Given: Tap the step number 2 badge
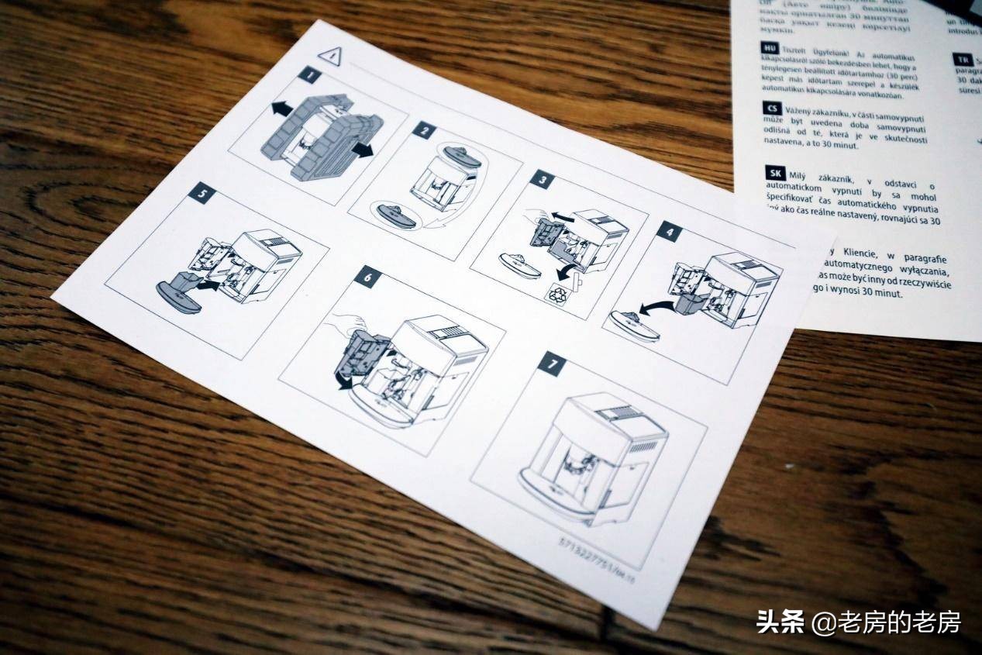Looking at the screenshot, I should [x=422, y=130].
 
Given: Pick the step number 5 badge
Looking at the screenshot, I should [x=201, y=193].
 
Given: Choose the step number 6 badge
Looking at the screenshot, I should [x=367, y=276].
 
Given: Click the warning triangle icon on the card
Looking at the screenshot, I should [x=331, y=55].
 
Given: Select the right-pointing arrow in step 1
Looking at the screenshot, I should [x=361, y=150].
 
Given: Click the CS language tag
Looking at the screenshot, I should [x=772, y=109].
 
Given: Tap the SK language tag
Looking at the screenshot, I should [x=774, y=172].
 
